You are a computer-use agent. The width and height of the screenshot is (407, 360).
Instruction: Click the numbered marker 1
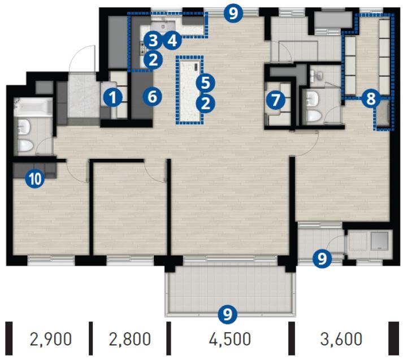click(112, 98)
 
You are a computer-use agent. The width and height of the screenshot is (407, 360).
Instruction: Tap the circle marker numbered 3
click(153, 41)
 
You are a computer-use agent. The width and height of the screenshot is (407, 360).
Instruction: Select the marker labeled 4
click(172, 41)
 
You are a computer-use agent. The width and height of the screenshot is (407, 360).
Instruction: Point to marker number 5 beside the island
click(205, 83)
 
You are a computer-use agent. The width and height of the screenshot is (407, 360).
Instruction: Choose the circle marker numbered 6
click(153, 97)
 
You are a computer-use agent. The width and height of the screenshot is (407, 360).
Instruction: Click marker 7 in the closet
click(275, 100)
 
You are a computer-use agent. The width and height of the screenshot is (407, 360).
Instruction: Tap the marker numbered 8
click(371, 99)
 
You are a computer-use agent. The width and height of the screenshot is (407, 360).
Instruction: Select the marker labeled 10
click(35, 179)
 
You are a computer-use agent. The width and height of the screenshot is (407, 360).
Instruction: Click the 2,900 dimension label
click(51, 339)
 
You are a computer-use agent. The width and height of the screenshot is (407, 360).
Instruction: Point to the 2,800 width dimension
click(129, 339)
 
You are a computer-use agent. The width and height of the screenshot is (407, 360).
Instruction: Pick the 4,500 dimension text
click(230, 339)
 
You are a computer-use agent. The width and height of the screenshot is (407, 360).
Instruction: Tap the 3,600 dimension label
click(341, 339)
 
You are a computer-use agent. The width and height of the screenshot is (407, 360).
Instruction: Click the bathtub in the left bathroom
click(33, 107)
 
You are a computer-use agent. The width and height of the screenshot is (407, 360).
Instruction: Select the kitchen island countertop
click(189, 89)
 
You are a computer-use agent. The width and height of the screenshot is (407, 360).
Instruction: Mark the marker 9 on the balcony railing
click(228, 314)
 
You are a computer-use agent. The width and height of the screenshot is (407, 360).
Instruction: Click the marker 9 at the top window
click(233, 14)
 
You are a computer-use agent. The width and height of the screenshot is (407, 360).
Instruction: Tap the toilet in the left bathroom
click(25, 145)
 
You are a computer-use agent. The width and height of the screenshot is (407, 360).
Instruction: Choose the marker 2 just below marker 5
click(205, 103)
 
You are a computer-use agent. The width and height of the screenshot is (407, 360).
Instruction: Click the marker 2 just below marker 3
click(153, 60)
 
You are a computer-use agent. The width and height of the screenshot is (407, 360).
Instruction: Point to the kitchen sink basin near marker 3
click(163, 27)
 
